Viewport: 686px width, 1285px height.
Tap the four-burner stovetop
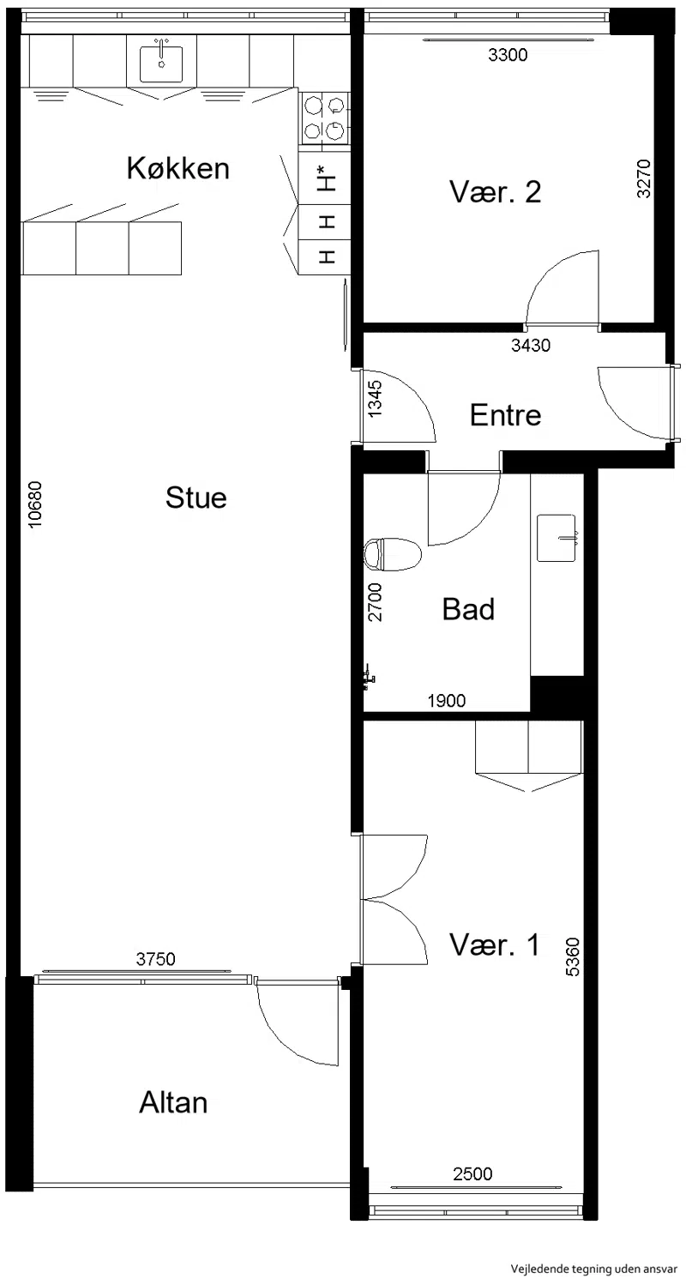tap(325, 118)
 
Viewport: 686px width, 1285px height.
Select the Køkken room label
tap(178, 168)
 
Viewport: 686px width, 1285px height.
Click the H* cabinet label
tap(327, 178)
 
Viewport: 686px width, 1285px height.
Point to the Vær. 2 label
tap(495, 191)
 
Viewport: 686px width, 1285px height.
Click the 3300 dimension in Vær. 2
tap(508, 55)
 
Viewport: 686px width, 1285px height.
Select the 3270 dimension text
tap(644, 179)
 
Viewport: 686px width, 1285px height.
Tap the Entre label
tap(505, 415)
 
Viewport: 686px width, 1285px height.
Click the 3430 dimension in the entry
tap(531, 346)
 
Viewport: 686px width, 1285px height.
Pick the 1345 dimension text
tap(375, 399)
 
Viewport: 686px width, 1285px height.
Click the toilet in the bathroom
tap(393, 554)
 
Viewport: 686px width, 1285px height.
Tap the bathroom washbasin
tap(557, 538)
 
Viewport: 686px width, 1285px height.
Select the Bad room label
tap(468, 609)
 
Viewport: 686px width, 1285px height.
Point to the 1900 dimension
tap(446, 701)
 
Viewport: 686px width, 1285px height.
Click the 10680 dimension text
tap(35, 504)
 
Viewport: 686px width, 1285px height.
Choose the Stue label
tap(196, 498)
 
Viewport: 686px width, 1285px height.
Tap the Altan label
tap(173, 1102)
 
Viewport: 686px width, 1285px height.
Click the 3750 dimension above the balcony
tap(155, 958)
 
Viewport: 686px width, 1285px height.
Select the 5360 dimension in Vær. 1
tap(573, 956)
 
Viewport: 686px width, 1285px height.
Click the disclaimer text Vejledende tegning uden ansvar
tap(594, 1269)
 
